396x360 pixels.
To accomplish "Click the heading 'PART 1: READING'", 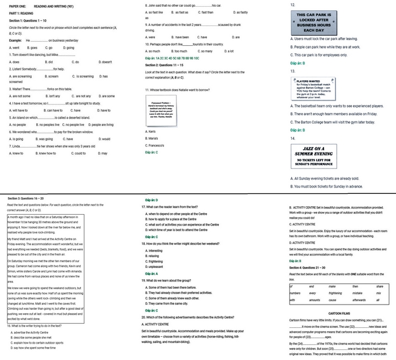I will pos(21,12).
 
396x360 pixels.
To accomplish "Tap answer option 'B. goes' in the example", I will pos(32,48).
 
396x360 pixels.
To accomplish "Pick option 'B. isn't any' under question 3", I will pos(43,96).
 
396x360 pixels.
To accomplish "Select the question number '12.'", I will pos(292,5).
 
